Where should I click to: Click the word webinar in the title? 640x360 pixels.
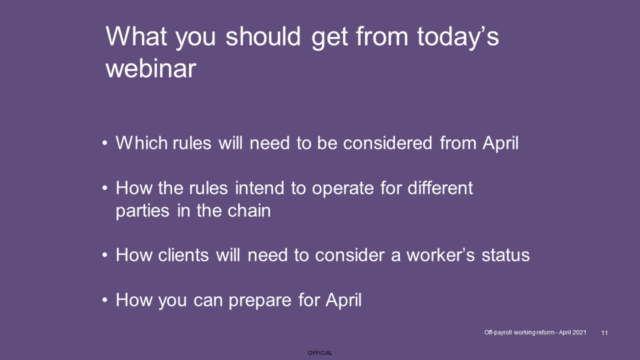point(151,67)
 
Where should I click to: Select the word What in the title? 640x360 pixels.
point(136,36)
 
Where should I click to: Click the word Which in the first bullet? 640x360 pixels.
point(142,143)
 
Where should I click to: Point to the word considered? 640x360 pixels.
point(387,143)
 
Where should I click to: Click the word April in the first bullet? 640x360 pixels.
point(501,144)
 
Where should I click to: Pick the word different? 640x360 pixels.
point(440,188)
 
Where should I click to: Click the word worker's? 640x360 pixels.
point(441,255)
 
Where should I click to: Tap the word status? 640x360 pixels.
point(506,255)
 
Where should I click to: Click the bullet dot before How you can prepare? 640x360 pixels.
point(105,300)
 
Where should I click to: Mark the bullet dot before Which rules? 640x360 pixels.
point(105,143)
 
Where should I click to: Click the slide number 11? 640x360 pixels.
point(604,332)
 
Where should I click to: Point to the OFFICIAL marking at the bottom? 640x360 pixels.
point(320,353)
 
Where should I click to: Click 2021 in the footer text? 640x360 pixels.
point(579,332)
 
